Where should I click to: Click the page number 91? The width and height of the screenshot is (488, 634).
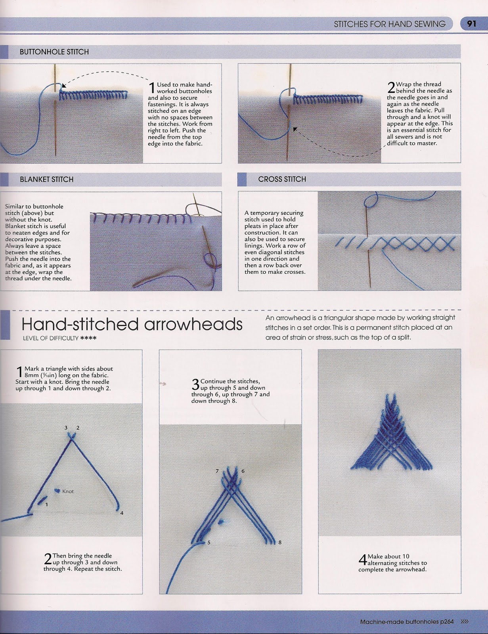pos(471,24)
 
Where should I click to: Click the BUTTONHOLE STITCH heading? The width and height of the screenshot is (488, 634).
pos(54,52)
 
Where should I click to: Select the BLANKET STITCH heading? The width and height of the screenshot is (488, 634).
pos(47,180)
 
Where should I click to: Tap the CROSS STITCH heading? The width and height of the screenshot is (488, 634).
pos(282,179)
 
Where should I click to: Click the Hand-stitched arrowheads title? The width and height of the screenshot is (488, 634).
pos(132,324)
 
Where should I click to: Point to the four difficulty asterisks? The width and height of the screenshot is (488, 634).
pos(88,338)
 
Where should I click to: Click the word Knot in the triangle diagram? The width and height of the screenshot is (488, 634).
pos(68,491)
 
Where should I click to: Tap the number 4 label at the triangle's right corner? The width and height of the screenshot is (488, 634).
pos(122,513)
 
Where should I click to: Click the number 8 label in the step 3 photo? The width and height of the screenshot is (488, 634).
pos(280,542)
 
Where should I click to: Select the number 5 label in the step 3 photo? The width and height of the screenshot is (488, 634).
pos(209,542)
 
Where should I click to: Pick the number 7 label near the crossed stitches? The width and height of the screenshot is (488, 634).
pos(217,471)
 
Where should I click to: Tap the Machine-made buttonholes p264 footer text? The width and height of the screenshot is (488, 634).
pos(407,622)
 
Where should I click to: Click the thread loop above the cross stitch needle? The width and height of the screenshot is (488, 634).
pos(372,200)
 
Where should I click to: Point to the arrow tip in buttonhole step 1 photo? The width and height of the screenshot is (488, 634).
pos(64,85)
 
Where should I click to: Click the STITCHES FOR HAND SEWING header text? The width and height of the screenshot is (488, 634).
pos(389,24)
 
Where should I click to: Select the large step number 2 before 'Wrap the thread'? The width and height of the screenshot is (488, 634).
pos(391,87)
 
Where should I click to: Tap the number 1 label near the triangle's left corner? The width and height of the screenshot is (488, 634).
pos(47,504)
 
